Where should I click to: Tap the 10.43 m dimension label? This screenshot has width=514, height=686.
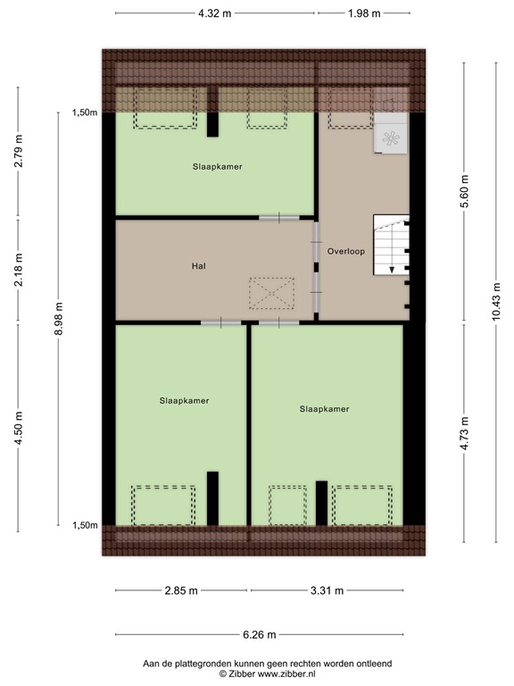pos(496,304)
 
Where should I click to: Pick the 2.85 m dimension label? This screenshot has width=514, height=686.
pos(182,591)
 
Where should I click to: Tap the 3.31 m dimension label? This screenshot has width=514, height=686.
pos(327,591)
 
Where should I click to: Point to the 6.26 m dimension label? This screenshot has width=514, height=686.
pos(259,635)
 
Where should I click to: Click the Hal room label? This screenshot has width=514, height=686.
pos(199,266)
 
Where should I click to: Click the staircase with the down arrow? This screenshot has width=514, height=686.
pos(390,245)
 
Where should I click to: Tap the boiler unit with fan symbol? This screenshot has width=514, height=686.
pos(391,137)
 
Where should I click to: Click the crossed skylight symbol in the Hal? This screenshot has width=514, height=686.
pos(271,292)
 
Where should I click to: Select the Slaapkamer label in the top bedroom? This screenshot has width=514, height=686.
pos(217,166)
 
